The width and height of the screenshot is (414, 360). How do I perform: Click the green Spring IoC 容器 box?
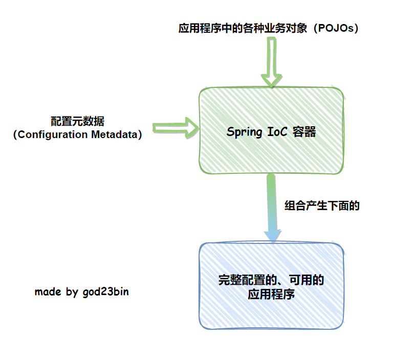(271, 130)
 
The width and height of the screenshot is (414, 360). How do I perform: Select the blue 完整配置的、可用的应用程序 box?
(271, 286)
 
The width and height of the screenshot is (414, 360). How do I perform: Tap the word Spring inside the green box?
(244, 132)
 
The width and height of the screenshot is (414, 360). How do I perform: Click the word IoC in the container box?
(277, 131)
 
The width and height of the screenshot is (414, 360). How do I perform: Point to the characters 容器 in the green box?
(304, 132)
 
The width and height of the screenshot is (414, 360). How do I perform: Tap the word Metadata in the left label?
(115, 134)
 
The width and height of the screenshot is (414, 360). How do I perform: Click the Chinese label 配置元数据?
(77, 121)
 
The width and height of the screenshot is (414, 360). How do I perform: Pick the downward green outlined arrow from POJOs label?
(271, 62)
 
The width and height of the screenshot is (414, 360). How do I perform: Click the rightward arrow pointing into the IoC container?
(176, 128)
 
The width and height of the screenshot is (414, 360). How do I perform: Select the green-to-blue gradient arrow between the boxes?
(272, 208)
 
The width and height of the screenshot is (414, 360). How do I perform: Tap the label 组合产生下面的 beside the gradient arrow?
(322, 206)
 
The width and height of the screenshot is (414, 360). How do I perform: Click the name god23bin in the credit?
(105, 292)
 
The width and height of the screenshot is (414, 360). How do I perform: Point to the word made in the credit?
(48, 291)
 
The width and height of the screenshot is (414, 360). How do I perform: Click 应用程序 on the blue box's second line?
(271, 294)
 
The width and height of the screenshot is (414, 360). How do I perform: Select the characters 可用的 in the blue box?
(306, 280)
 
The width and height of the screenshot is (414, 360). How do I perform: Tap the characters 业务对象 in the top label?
(286, 28)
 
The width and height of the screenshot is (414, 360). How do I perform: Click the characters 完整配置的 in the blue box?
(247, 280)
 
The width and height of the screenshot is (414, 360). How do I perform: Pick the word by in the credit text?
(72, 292)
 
